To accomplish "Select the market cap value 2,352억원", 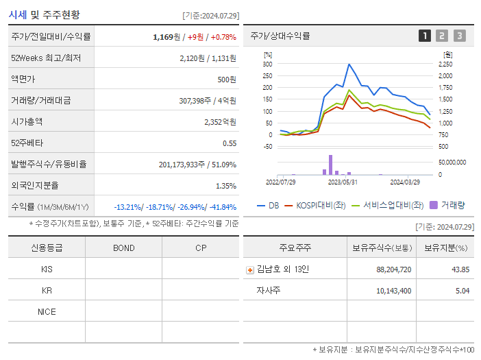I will (x=220, y=122).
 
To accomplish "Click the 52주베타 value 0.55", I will (x=230, y=143).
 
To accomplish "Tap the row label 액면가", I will (x=24, y=80).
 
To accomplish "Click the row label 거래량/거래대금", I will (x=40, y=101).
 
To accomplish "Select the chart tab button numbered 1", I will (x=425, y=36).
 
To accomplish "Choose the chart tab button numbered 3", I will (x=459, y=36).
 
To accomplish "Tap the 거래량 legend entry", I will (x=447, y=204).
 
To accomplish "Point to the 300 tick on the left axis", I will (x=267, y=64).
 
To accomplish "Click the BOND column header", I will (x=123, y=248).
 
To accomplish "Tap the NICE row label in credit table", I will (x=47, y=312).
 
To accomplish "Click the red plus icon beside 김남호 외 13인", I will (x=249, y=270).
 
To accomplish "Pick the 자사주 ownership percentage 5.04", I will (x=462, y=291).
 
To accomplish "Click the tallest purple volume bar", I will (x=330, y=165).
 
